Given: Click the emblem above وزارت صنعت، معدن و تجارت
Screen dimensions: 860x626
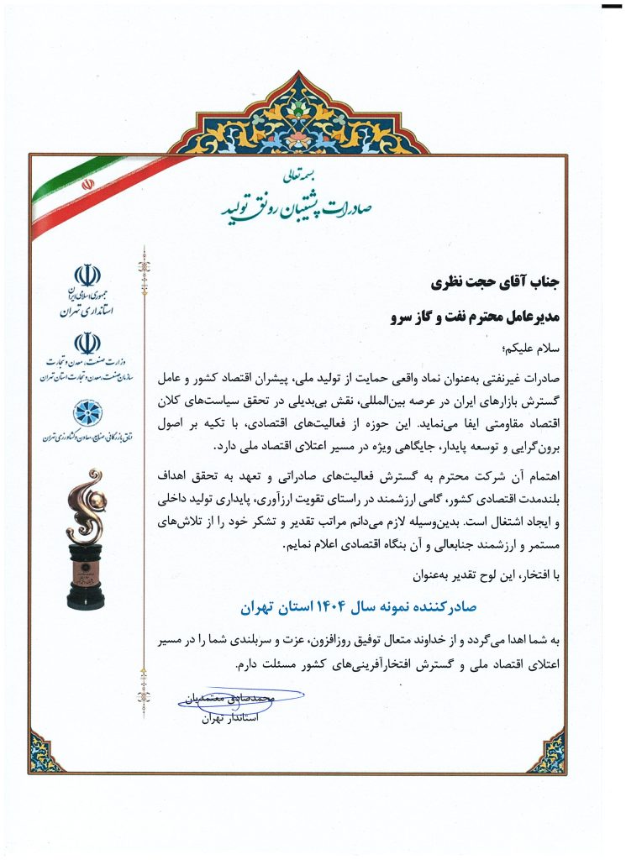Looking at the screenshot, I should [x=87, y=343].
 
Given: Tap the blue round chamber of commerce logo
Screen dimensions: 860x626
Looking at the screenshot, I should [x=87, y=412].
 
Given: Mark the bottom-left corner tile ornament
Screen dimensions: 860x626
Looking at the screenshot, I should [x=45, y=751].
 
